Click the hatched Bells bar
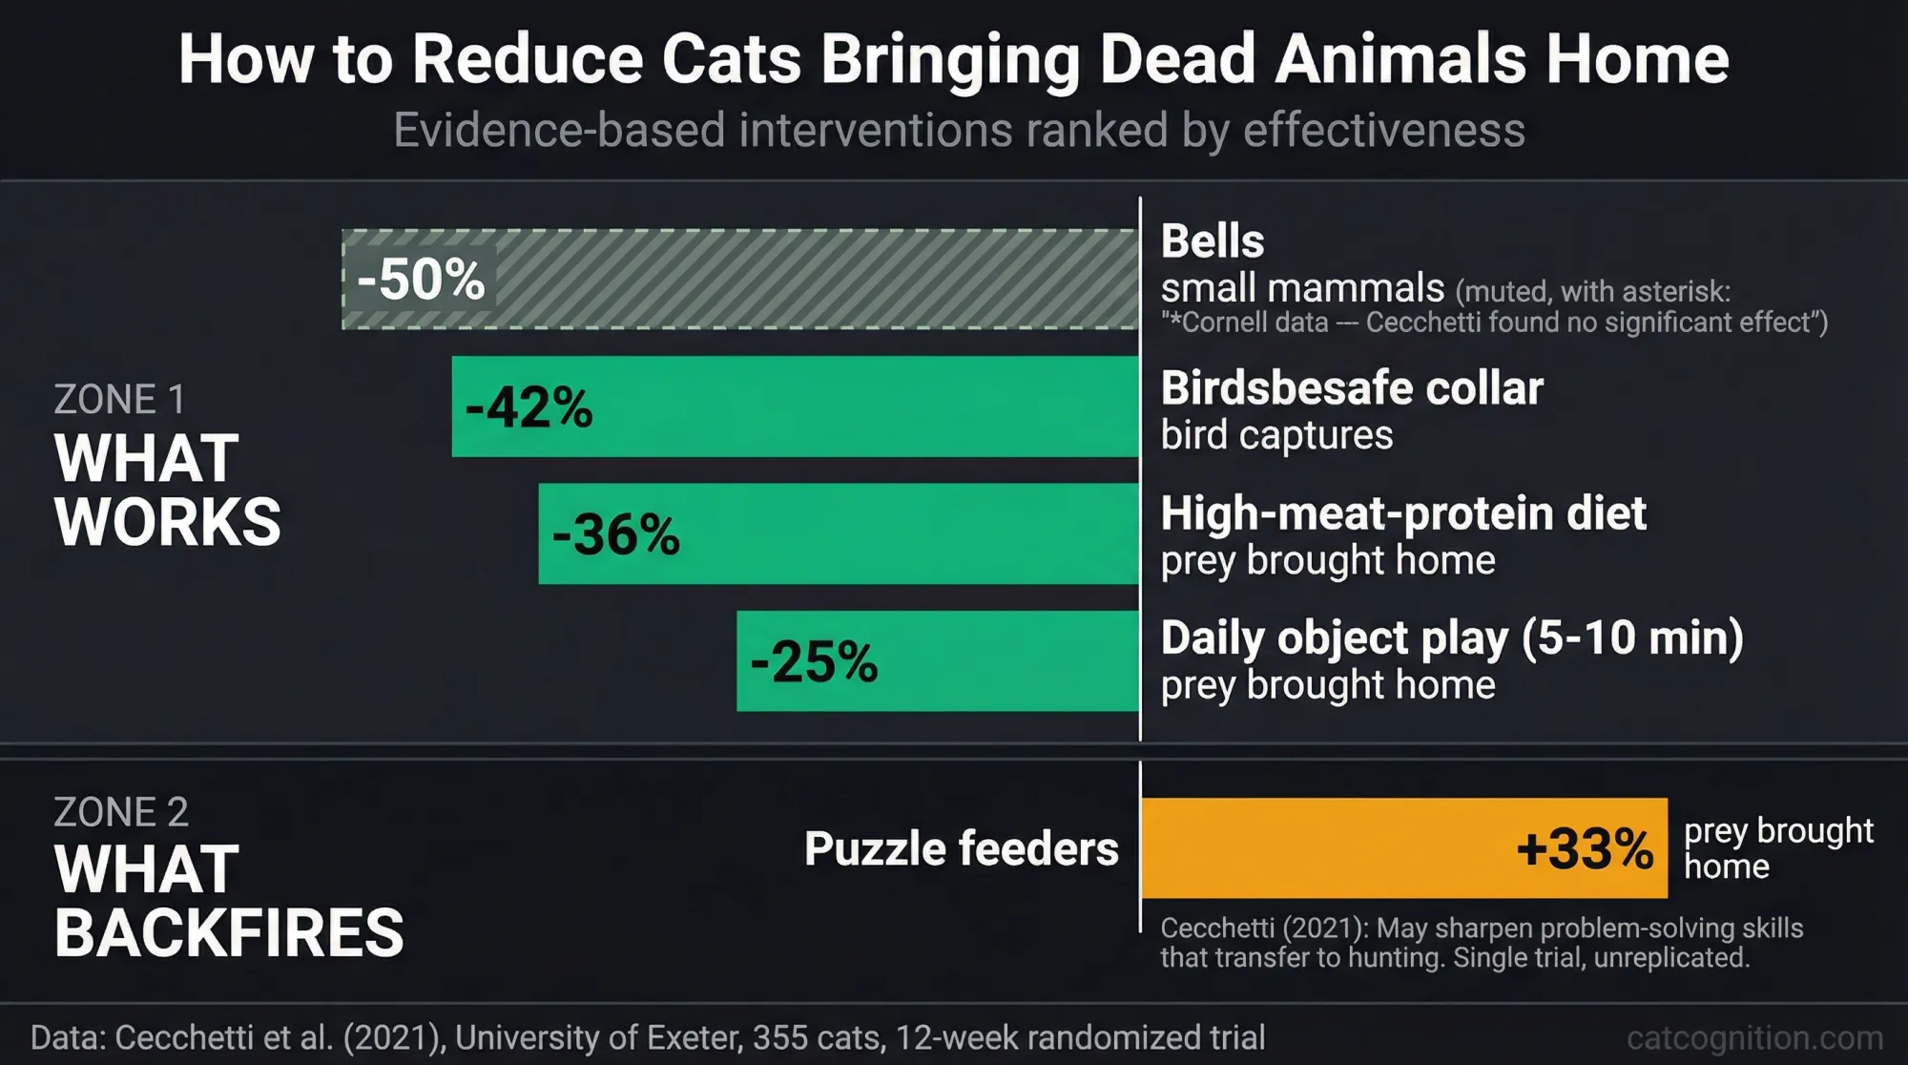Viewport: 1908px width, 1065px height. tap(811, 280)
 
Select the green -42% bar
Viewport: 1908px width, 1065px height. tap(859, 407)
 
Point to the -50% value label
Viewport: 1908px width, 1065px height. tap(421, 280)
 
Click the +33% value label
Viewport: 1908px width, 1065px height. tap(1585, 848)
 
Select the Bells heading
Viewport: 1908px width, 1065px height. tap(1213, 240)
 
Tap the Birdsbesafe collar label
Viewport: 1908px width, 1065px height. tap(1352, 388)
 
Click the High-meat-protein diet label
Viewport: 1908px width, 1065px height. tap(1403, 513)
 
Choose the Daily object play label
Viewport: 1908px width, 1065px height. tap(1451, 637)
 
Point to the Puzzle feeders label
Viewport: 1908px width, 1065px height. tap(961, 848)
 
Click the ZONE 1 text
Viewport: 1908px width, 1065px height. tap(119, 399)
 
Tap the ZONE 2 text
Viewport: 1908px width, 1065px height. tap(121, 812)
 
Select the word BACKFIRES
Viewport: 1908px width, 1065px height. tap(229, 932)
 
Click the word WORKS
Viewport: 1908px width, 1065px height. tap(168, 522)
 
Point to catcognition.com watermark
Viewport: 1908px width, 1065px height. tap(1754, 1037)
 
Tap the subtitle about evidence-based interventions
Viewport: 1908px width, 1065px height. tap(959, 130)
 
